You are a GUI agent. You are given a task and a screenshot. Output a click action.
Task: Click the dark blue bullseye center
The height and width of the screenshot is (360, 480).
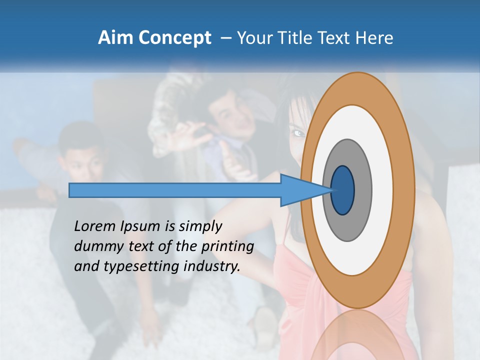pyautogui.click(x=342, y=190)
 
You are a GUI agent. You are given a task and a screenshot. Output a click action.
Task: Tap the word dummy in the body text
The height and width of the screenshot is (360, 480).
pyautogui.click(x=95, y=246)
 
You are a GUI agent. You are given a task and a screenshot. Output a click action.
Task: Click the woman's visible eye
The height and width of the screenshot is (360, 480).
pyautogui.click(x=298, y=133)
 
